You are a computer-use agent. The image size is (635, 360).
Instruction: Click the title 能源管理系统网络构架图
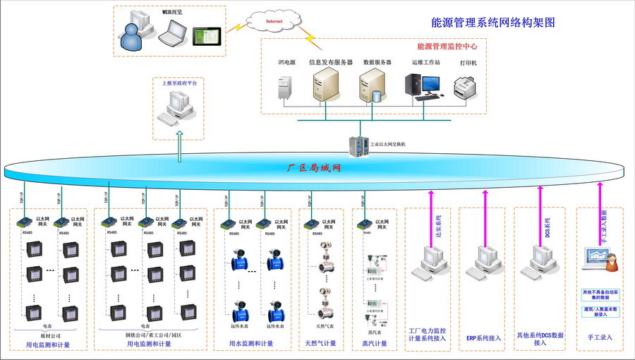pyautogui.click(x=493, y=23)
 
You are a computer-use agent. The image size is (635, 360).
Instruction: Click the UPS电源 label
pyautogui.click(x=286, y=63)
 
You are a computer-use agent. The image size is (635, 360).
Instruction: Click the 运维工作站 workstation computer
pyautogui.click(x=423, y=87)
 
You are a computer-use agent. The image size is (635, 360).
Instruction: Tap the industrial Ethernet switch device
pyautogui.click(x=358, y=145)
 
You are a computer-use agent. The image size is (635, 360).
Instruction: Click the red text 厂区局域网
pyautogui.click(x=314, y=169)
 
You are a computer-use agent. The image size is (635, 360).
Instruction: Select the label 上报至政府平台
pyautogui.click(x=180, y=83)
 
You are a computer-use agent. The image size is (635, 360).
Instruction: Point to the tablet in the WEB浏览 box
pyautogui.click(x=206, y=35)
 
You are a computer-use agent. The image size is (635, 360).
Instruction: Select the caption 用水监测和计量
pyautogui.click(x=251, y=344)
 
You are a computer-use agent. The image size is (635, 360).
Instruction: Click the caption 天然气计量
pyautogui.click(x=320, y=344)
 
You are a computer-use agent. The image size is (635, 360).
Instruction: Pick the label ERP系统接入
pyautogui.click(x=483, y=338)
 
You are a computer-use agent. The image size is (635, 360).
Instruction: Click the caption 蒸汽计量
pyautogui.click(x=375, y=344)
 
